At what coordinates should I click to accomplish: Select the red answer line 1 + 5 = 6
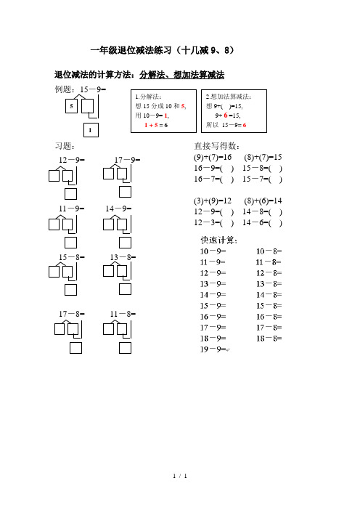pos(152,125)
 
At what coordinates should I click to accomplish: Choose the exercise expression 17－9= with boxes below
pos(127,159)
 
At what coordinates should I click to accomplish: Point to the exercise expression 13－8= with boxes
pos(123,257)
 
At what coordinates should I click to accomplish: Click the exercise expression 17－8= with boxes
pos(72,314)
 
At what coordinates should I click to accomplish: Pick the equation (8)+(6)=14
pos(263,201)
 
